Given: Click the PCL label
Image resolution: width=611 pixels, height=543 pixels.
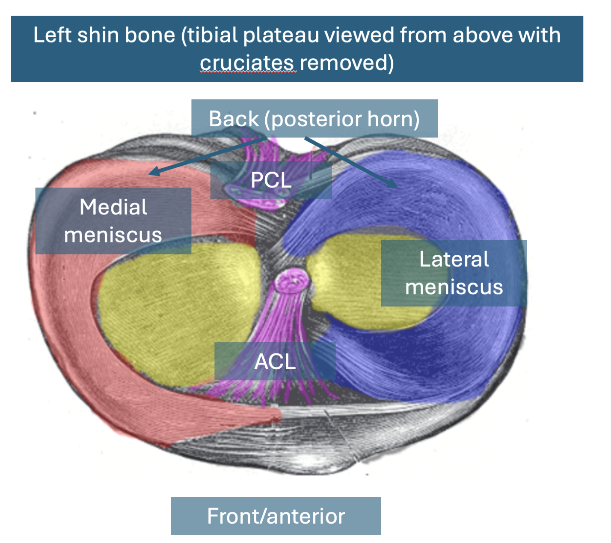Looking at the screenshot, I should point(271,180).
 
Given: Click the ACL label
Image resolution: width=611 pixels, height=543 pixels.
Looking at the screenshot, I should point(275,361).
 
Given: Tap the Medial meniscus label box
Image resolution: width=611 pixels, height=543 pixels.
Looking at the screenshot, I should point(113,221).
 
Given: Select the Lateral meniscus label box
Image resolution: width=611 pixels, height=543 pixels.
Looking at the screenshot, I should point(454,273).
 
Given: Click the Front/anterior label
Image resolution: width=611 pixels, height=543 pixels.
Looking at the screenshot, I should point(276,516).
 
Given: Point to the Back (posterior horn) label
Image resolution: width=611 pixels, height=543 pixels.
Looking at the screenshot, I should point(314,119).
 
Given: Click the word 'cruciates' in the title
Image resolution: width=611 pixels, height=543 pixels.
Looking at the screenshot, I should point(247,63).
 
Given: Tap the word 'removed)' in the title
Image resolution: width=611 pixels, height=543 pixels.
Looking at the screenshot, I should point(347,63).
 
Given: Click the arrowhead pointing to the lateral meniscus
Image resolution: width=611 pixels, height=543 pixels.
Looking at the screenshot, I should point(393,185).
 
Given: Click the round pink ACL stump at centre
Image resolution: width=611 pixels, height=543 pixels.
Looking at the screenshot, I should point(292,280).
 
